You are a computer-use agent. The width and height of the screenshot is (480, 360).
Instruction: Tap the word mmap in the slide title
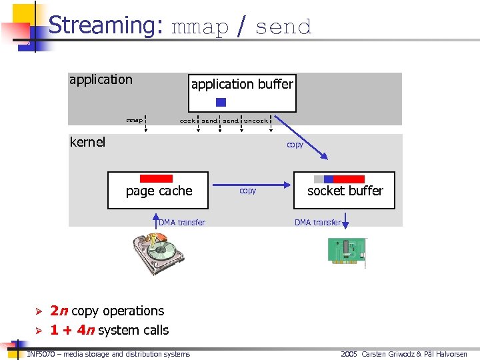point(200,27)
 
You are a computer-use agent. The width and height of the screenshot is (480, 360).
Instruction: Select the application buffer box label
point(242,84)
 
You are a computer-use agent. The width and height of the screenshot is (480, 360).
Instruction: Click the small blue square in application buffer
point(221,103)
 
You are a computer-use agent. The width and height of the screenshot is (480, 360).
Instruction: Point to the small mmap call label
point(135,121)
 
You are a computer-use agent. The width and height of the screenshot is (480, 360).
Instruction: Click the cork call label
point(187,121)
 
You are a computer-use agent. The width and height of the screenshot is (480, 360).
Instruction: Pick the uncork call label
point(255,121)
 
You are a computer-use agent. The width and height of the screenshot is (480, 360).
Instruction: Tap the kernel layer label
point(87,142)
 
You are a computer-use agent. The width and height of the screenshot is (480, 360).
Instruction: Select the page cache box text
point(159,191)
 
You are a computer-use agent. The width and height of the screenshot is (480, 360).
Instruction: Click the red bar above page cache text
point(156,179)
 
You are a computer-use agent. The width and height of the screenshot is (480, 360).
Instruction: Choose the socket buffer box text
point(345,191)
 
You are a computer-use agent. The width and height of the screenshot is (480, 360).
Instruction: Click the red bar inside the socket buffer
point(348,179)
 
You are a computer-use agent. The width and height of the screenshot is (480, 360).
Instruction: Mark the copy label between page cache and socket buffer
point(247,191)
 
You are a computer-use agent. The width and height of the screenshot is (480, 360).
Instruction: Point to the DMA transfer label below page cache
point(182,223)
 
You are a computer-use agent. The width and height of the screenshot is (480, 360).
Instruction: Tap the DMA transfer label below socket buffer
point(317,223)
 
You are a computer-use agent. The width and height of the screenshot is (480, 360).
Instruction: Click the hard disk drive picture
point(158,253)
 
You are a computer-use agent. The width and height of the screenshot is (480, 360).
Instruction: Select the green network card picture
point(346,252)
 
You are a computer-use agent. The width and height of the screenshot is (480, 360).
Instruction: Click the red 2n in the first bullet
point(59,311)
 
